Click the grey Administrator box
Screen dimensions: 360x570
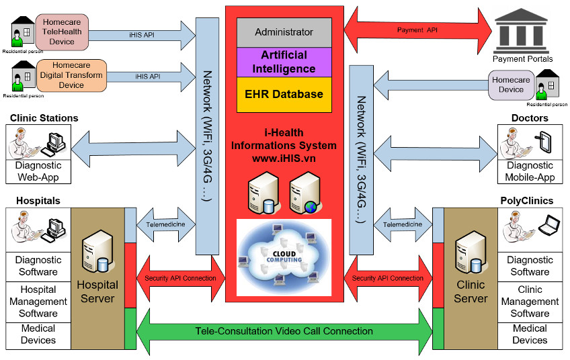point(284,32)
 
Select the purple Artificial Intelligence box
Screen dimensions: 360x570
point(284,62)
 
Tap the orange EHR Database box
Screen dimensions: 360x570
point(284,95)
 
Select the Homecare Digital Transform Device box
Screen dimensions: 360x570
point(71,75)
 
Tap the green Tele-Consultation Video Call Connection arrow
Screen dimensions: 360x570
point(284,331)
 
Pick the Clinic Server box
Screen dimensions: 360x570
point(471,278)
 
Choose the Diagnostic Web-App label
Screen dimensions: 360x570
point(38,171)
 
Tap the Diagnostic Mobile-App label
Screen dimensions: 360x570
point(530,171)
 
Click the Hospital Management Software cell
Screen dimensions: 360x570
point(38,302)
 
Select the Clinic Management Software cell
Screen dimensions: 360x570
point(530,302)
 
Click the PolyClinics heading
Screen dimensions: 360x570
point(527,201)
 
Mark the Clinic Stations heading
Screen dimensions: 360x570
point(44,118)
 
